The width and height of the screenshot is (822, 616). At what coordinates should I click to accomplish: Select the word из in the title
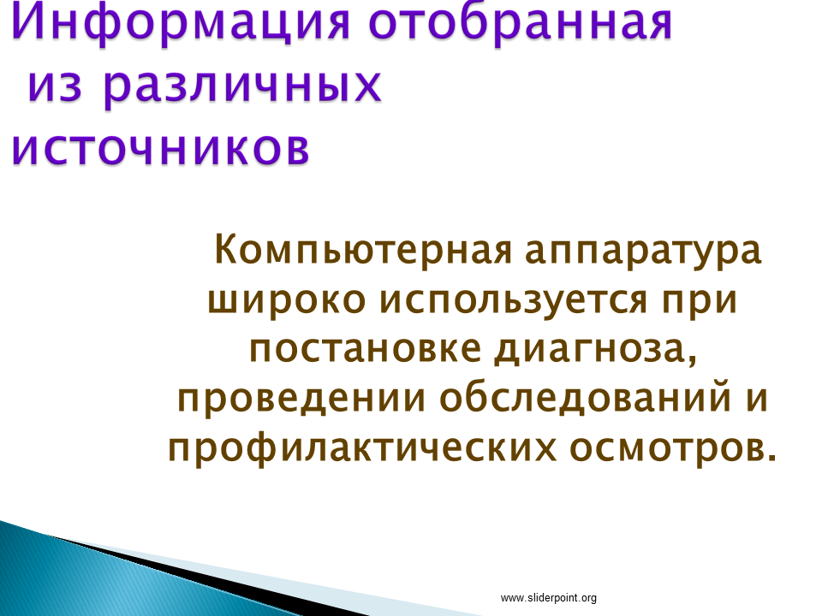point(55,86)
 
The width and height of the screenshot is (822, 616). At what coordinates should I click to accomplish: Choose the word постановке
point(366,348)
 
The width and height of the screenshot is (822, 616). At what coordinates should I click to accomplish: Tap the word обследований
point(586,398)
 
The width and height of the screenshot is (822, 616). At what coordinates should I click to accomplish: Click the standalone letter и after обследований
point(757,400)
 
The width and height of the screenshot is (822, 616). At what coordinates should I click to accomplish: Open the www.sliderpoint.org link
point(548,598)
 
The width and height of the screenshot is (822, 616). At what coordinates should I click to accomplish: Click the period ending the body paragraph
point(771,457)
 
